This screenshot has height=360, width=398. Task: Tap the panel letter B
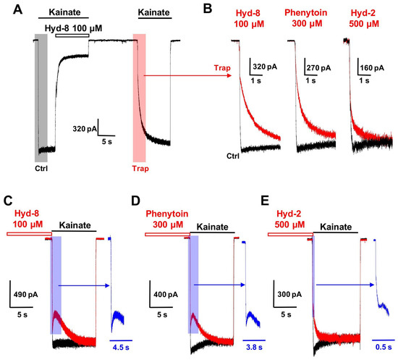pyautogui.click(x=208, y=9)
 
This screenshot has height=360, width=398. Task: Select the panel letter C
pyautogui.click(x=8, y=201)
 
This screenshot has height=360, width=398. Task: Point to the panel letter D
pyautogui.click(x=135, y=201)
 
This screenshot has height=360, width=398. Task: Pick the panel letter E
pyautogui.click(x=265, y=201)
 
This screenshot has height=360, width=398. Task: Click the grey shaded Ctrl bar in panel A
pyautogui.click(x=41, y=98)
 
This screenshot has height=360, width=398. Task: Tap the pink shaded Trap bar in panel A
pyautogui.click(x=140, y=98)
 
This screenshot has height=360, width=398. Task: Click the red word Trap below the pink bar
pyautogui.click(x=140, y=169)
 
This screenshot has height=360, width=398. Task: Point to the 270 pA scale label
pyautogui.click(x=318, y=68)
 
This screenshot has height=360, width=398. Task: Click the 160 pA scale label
pyautogui.click(x=372, y=68)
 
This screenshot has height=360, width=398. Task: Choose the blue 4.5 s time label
pyautogui.click(x=121, y=347)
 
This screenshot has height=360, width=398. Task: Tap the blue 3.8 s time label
pyautogui.click(x=254, y=347)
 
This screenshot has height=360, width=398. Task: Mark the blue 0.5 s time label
pyautogui.click(x=384, y=347)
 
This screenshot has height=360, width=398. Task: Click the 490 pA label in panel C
pyautogui.click(x=25, y=295)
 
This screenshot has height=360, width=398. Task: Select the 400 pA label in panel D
pyautogui.click(x=166, y=295)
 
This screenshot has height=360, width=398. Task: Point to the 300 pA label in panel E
pyautogui.click(x=289, y=294)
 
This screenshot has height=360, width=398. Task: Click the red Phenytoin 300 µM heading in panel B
pyautogui.click(x=306, y=18)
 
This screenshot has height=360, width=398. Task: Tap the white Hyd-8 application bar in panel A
pyautogui.click(x=72, y=35)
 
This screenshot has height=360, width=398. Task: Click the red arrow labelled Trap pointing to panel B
pyautogui.click(x=187, y=75)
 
